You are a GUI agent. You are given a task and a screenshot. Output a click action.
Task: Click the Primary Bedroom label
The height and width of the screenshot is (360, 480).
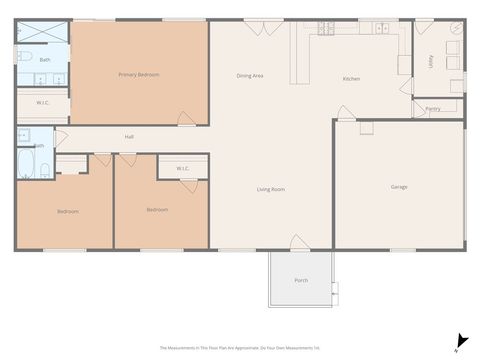139,74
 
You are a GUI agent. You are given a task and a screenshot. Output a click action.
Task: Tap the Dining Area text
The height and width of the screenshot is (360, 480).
249,76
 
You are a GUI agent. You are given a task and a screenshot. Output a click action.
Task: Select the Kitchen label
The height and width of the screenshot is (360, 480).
351,79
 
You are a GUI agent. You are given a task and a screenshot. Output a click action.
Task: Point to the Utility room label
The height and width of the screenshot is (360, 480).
430,60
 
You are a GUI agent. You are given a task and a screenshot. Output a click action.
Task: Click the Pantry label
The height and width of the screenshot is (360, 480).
432,108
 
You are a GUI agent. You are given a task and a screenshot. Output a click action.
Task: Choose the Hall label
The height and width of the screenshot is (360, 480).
129,136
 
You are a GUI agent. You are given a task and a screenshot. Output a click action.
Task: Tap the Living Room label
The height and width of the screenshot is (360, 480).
271,189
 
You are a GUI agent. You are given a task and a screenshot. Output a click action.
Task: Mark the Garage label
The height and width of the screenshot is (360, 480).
399,187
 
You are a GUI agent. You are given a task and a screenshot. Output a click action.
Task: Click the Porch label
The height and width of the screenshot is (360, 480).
300,280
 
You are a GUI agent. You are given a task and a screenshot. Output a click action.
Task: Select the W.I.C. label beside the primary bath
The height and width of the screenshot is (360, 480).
44,102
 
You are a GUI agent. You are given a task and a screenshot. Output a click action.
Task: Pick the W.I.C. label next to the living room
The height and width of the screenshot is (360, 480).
183,168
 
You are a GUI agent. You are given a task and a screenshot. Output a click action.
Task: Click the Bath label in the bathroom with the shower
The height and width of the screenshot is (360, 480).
45,60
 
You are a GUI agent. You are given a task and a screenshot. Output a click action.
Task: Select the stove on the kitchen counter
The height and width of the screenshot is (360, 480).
325,29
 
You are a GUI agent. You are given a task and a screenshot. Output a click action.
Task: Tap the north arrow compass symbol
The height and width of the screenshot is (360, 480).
457,343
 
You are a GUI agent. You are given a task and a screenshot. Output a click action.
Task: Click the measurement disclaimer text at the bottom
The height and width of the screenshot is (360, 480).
240,348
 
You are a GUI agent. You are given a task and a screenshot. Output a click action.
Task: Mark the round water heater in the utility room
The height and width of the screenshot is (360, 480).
454,32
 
